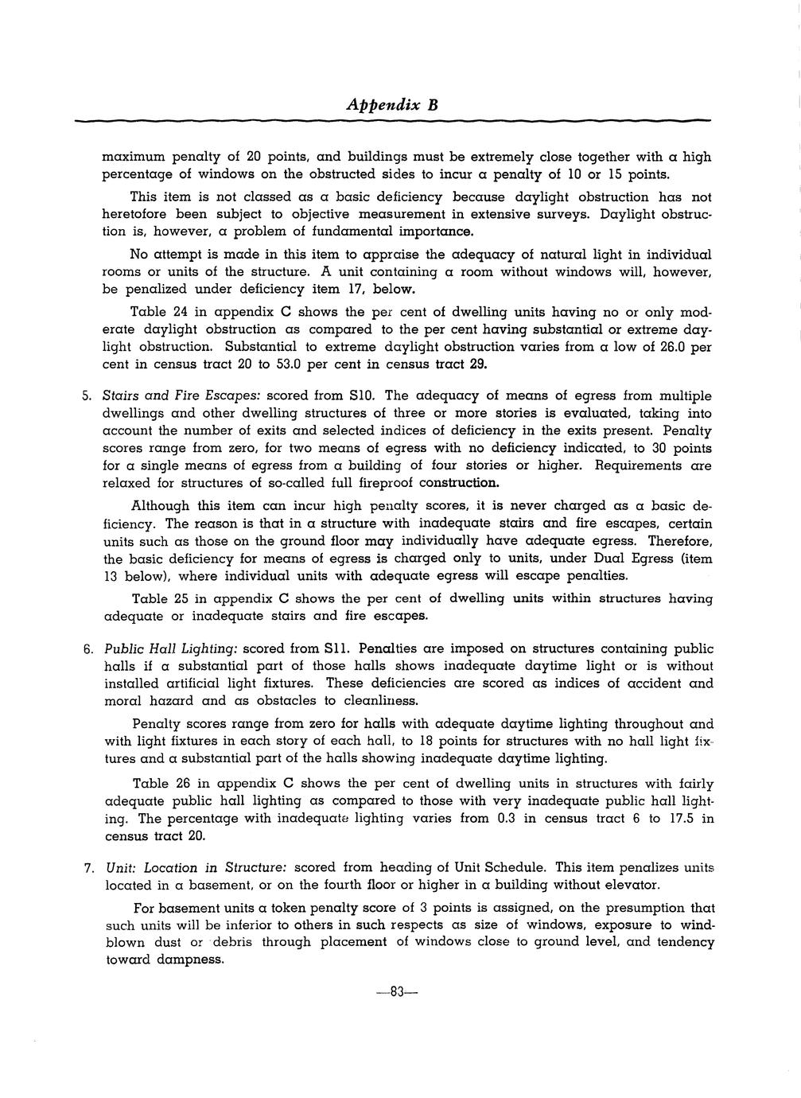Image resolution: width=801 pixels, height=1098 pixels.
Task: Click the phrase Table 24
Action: click(x=158, y=312)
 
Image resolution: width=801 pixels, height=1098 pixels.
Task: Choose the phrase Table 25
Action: click(x=159, y=598)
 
